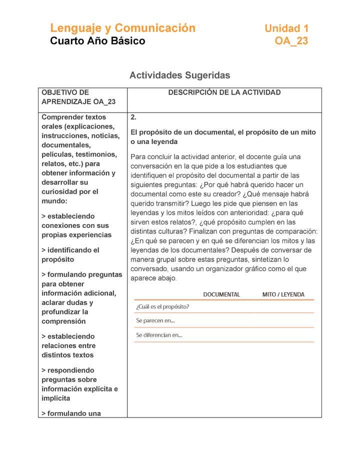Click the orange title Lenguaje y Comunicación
pos(122,28)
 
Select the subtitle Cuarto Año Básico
pos(97,41)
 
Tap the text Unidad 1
pos(286,28)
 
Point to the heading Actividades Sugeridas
pos(179,75)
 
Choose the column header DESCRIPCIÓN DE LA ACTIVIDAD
pos(224,92)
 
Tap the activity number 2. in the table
pos(133,117)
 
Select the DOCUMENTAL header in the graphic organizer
pos(221,294)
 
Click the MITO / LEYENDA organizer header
pos(283,294)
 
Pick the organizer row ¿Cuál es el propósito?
pos(162,306)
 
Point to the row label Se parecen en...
pos(155,320)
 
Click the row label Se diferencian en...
pos(159,335)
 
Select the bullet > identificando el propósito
pos(70,254)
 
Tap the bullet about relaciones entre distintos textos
pos(68,345)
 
